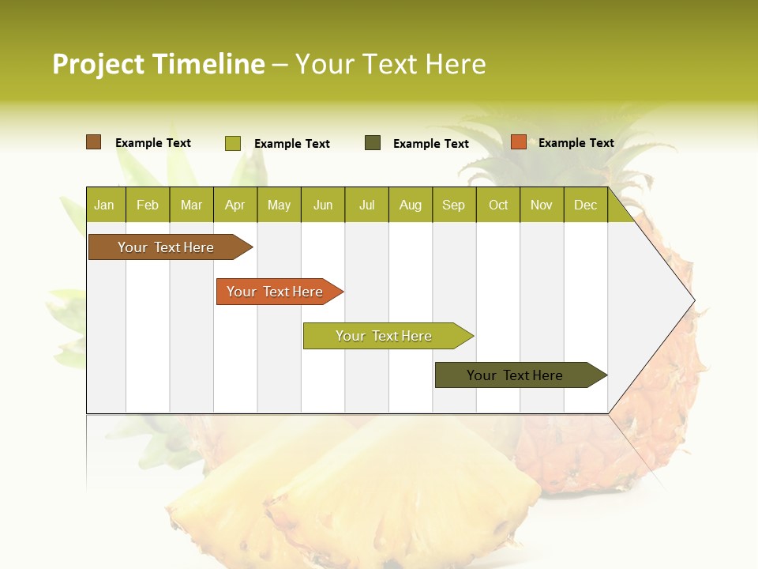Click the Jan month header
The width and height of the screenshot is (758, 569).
[104, 205]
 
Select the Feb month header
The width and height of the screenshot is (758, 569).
[148, 205]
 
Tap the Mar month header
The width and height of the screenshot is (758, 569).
[191, 205]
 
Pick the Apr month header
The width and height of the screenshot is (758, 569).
[235, 205]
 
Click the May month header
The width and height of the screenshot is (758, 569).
[279, 205]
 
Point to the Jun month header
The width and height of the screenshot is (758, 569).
[323, 205]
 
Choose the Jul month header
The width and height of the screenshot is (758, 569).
[366, 205]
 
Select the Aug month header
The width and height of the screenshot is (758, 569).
[411, 205]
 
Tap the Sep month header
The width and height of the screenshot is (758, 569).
[454, 205]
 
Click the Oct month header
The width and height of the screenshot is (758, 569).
[498, 205]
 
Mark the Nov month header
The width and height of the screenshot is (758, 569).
[542, 205]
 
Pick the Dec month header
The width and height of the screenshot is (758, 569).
[586, 205]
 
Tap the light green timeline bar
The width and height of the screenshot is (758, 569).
[385, 336]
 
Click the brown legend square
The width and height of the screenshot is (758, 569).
[94, 142]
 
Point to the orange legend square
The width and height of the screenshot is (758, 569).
[519, 142]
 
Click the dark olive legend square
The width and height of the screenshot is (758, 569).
[373, 143]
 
